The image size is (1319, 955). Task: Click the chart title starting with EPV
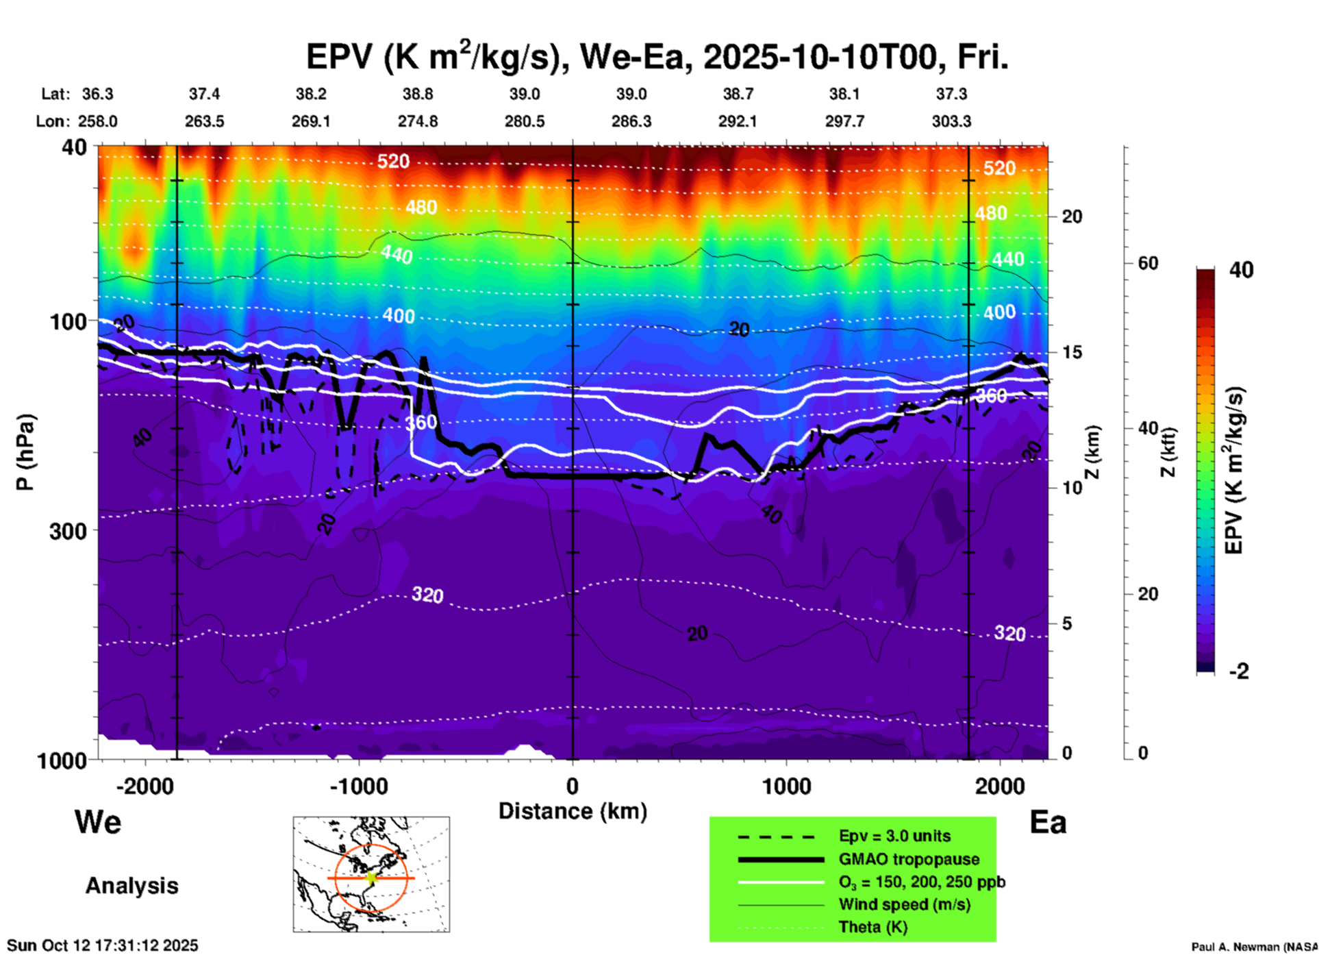click(x=657, y=58)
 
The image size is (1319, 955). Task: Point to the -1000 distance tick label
click(x=358, y=786)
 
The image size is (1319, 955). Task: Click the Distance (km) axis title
click(x=573, y=811)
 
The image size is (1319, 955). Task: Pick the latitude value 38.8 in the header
click(x=417, y=94)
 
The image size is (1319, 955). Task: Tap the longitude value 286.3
click(x=631, y=121)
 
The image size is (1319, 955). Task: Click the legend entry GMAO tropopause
click(x=909, y=859)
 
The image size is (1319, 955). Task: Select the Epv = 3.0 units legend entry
click(x=894, y=836)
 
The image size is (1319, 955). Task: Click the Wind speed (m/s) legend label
click(x=904, y=904)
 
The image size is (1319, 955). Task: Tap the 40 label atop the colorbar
click(x=1241, y=270)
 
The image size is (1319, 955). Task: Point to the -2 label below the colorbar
click(x=1239, y=671)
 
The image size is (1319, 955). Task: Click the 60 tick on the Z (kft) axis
click(x=1148, y=263)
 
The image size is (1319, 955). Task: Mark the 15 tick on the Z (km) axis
click(x=1072, y=352)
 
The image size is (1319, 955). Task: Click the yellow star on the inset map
click(x=371, y=878)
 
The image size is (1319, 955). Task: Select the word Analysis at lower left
click(x=131, y=886)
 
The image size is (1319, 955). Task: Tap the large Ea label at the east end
click(x=1048, y=823)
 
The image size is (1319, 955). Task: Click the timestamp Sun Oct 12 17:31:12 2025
click(x=103, y=945)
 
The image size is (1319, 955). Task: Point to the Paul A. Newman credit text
click(x=1254, y=947)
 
